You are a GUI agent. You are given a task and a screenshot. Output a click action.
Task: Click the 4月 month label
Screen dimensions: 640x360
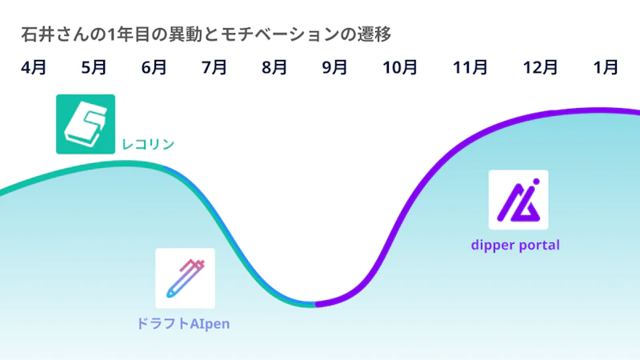(x=34, y=67)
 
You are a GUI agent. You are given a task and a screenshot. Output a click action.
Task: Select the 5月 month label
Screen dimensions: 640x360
(x=94, y=67)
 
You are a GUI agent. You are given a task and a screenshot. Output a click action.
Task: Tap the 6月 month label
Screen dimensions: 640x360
(x=154, y=67)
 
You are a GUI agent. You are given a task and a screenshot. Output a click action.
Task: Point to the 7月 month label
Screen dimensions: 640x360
(x=214, y=67)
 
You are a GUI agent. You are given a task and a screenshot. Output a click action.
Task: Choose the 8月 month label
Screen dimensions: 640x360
(x=274, y=67)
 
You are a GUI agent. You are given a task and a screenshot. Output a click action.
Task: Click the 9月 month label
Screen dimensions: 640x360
(x=334, y=67)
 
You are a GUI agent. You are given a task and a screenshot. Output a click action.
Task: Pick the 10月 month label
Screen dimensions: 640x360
(x=399, y=67)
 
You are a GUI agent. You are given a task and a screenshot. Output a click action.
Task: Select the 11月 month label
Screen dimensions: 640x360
(x=470, y=67)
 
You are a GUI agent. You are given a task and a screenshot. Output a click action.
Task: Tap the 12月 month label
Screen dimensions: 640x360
(x=540, y=67)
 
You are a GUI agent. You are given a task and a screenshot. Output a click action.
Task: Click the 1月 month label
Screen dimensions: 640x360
(x=606, y=67)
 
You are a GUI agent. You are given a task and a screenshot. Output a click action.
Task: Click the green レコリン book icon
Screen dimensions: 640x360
(x=86, y=124)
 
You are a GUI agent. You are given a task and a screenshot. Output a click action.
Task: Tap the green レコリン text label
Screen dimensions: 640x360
(x=148, y=144)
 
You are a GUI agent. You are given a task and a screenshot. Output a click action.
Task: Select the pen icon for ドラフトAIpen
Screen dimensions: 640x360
(x=185, y=278)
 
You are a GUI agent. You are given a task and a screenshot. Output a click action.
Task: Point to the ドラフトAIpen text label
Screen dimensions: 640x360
(x=183, y=324)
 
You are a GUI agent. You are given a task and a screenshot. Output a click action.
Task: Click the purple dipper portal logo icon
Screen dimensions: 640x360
(x=518, y=200)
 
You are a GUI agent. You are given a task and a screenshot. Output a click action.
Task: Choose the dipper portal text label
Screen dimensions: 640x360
(x=515, y=246)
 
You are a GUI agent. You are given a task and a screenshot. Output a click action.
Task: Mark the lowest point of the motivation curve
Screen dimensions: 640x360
(x=312, y=305)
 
